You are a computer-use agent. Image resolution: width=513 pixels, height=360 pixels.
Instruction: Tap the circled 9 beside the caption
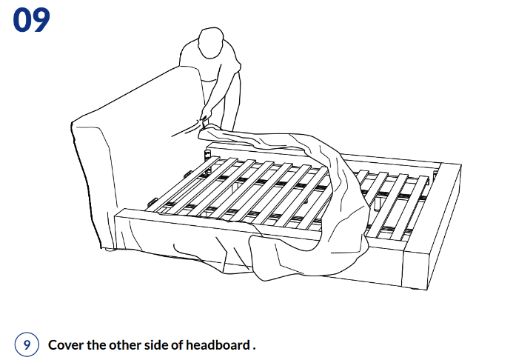click(x=26, y=344)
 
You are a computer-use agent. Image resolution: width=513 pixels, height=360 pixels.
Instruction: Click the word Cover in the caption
click(x=64, y=345)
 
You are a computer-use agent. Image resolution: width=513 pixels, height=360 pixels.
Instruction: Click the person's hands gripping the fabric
click(x=203, y=119)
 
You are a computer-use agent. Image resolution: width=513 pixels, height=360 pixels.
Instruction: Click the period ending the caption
click(x=254, y=348)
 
